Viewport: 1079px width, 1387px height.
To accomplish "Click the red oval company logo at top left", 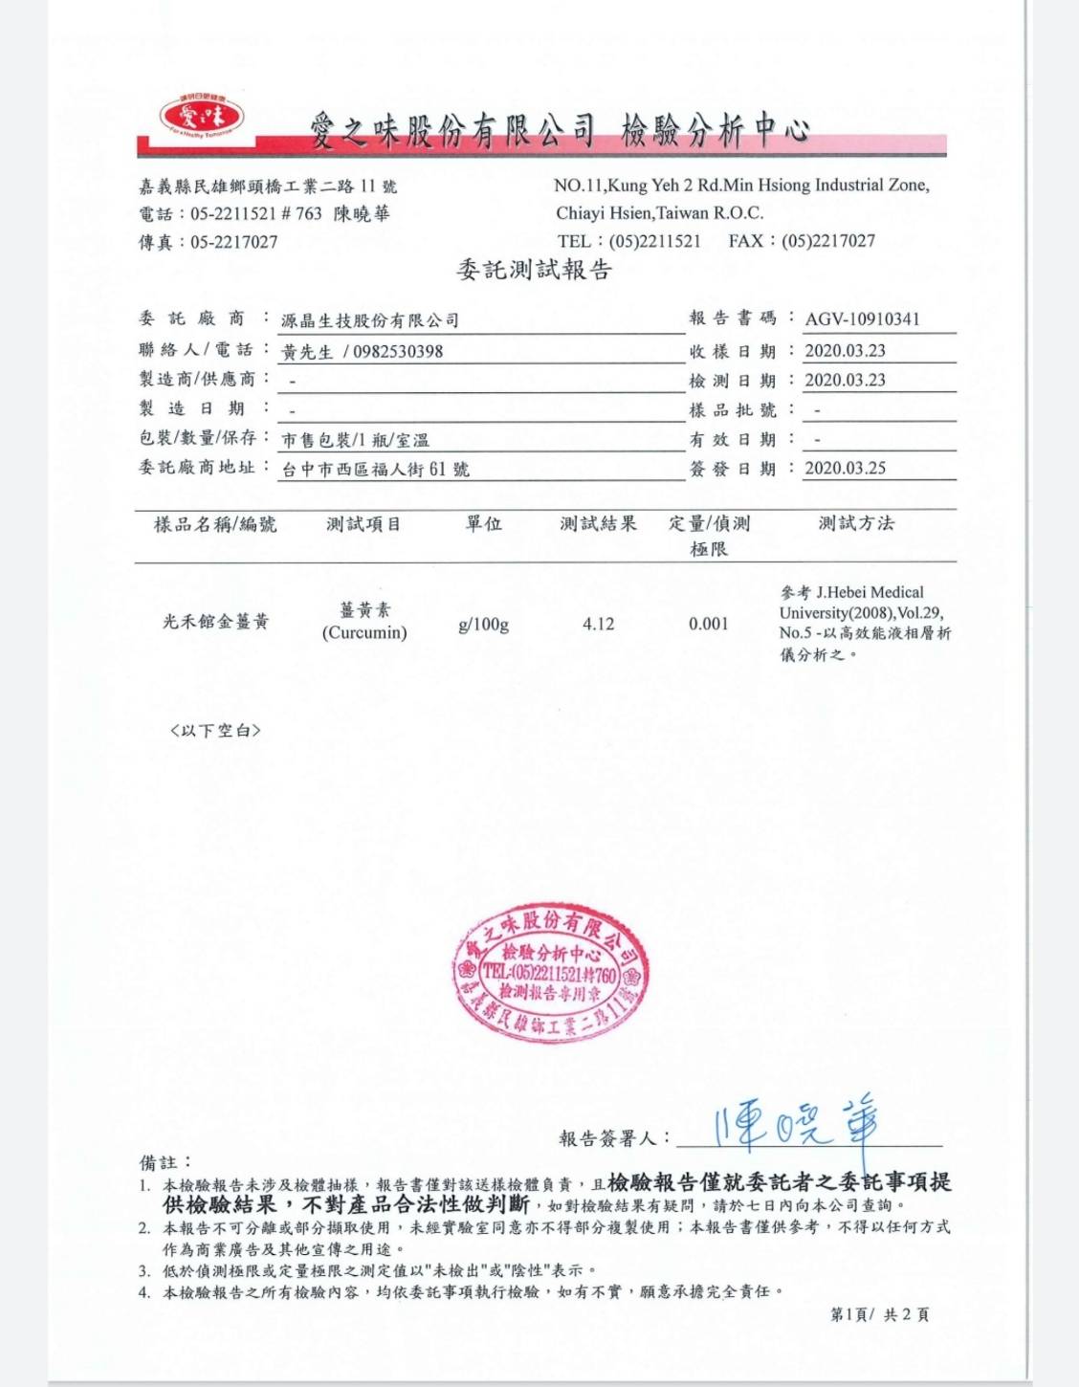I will [x=202, y=118].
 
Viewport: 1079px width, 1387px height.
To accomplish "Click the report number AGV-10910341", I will [x=862, y=319].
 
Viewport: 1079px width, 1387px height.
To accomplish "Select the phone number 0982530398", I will [x=398, y=351].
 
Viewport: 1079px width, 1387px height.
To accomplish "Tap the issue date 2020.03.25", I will [x=845, y=468].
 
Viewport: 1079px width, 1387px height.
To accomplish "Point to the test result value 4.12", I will [x=598, y=624].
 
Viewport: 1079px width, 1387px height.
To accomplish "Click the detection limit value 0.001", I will [x=708, y=624].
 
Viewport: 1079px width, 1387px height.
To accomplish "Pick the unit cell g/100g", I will [x=483, y=625].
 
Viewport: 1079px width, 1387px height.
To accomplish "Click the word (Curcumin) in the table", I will [x=364, y=632].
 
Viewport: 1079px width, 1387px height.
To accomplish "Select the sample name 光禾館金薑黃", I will [x=215, y=622].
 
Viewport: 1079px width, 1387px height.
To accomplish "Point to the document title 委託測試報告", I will [x=534, y=270].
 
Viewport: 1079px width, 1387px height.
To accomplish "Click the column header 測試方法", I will [x=856, y=523].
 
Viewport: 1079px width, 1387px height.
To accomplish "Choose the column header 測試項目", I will [x=363, y=524].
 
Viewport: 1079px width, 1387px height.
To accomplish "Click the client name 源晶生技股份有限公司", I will [x=369, y=320].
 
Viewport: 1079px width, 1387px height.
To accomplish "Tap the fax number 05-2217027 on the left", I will [x=233, y=242].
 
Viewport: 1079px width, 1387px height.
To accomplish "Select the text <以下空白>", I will [x=215, y=731].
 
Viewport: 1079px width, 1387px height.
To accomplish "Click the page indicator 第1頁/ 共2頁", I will [x=879, y=1314].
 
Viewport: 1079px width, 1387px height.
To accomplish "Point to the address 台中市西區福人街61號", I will [x=375, y=470].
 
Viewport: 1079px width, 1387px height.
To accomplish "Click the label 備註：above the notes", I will [x=165, y=1162].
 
